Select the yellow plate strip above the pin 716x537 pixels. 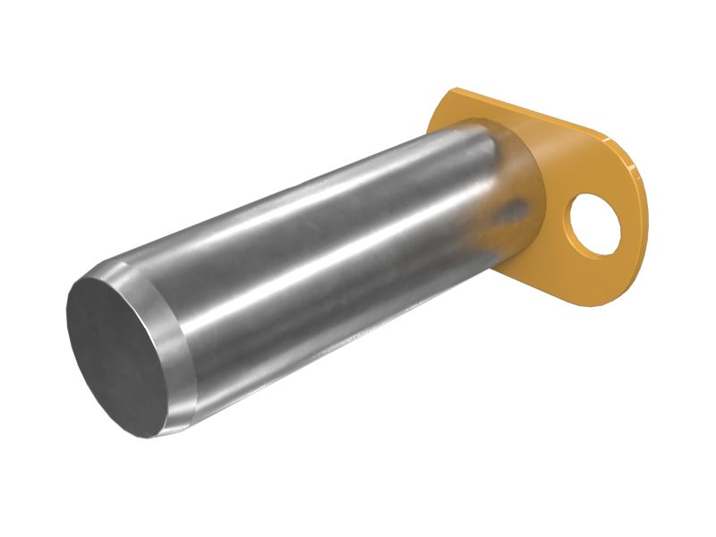(x=501, y=116)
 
